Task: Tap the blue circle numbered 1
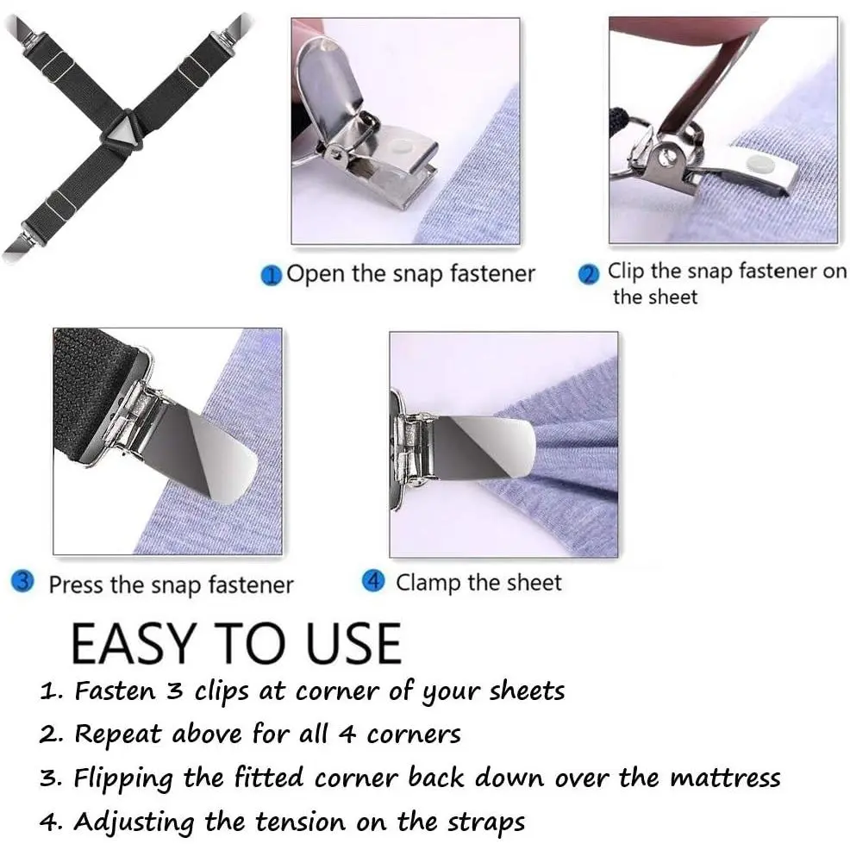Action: point(271,275)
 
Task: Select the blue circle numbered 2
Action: point(589,274)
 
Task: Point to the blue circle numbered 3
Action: point(22,582)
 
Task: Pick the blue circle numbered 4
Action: point(373,580)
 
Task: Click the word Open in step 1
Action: point(315,274)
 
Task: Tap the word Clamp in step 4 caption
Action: point(428,584)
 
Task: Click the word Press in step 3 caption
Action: point(76,585)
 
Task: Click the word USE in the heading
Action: point(353,643)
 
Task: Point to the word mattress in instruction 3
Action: point(725,778)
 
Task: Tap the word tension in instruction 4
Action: point(300,822)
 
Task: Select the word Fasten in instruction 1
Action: point(115,691)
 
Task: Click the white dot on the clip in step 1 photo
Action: point(402,145)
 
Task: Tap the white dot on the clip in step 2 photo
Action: point(759,162)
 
